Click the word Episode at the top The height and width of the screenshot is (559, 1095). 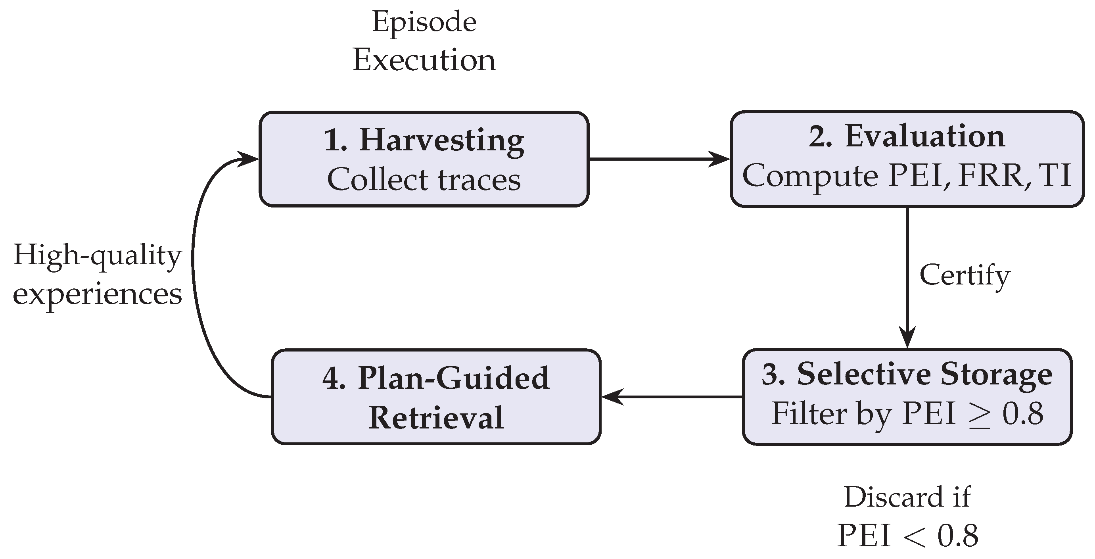tap(424, 22)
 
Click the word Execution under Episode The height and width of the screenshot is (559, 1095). tap(424, 60)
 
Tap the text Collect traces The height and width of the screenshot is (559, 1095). tap(424, 179)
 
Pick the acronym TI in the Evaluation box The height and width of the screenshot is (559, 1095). tap(1055, 175)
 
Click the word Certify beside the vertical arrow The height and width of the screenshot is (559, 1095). tap(964, 275)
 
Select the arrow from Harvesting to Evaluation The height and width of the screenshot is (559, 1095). tap(659, 159)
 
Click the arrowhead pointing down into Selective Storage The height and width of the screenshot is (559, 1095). tap(907, 338)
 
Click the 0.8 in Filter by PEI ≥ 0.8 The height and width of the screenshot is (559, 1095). tap(1023, 413)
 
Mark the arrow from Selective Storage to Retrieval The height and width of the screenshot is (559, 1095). tap(671, 397)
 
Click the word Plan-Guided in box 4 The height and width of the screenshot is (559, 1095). tap(453, 377)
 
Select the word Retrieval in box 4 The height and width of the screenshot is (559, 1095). tap(436, 417)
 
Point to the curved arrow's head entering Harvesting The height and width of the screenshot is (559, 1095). tap(249, 159)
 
